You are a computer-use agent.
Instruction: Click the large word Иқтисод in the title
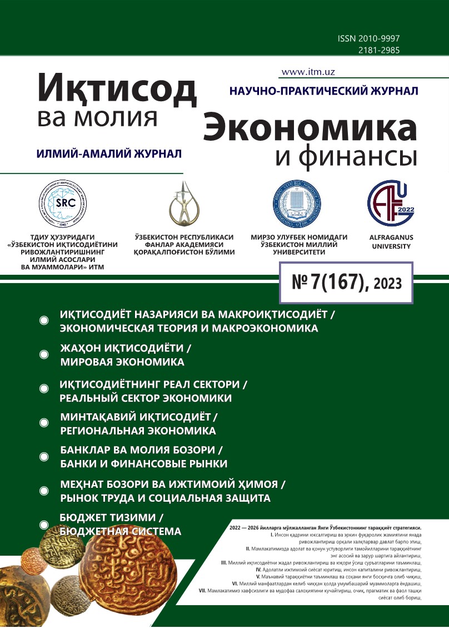[117, 90]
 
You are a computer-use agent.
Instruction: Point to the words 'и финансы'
[346, 157]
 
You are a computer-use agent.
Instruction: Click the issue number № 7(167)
[330, 283]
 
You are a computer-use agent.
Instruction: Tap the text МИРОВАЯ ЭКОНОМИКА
[122, 362]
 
